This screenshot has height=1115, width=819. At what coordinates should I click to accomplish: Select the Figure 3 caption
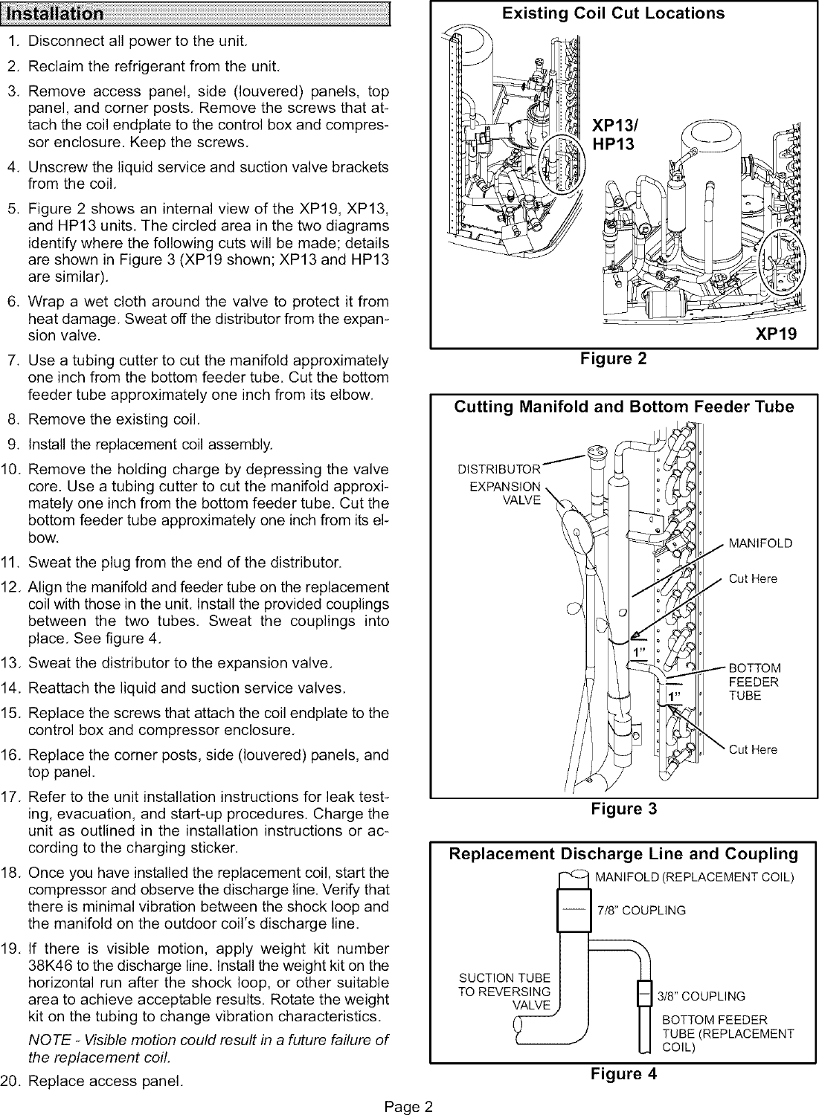623,809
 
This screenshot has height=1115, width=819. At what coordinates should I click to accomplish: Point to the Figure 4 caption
623,1073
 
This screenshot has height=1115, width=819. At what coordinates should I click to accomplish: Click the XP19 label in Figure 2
776,334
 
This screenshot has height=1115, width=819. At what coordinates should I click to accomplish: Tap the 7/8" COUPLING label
641,911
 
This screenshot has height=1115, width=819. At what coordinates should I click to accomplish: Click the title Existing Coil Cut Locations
622,13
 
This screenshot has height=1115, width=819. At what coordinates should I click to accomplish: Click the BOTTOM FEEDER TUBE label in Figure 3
754,681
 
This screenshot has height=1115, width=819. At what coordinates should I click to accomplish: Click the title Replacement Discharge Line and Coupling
623,853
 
